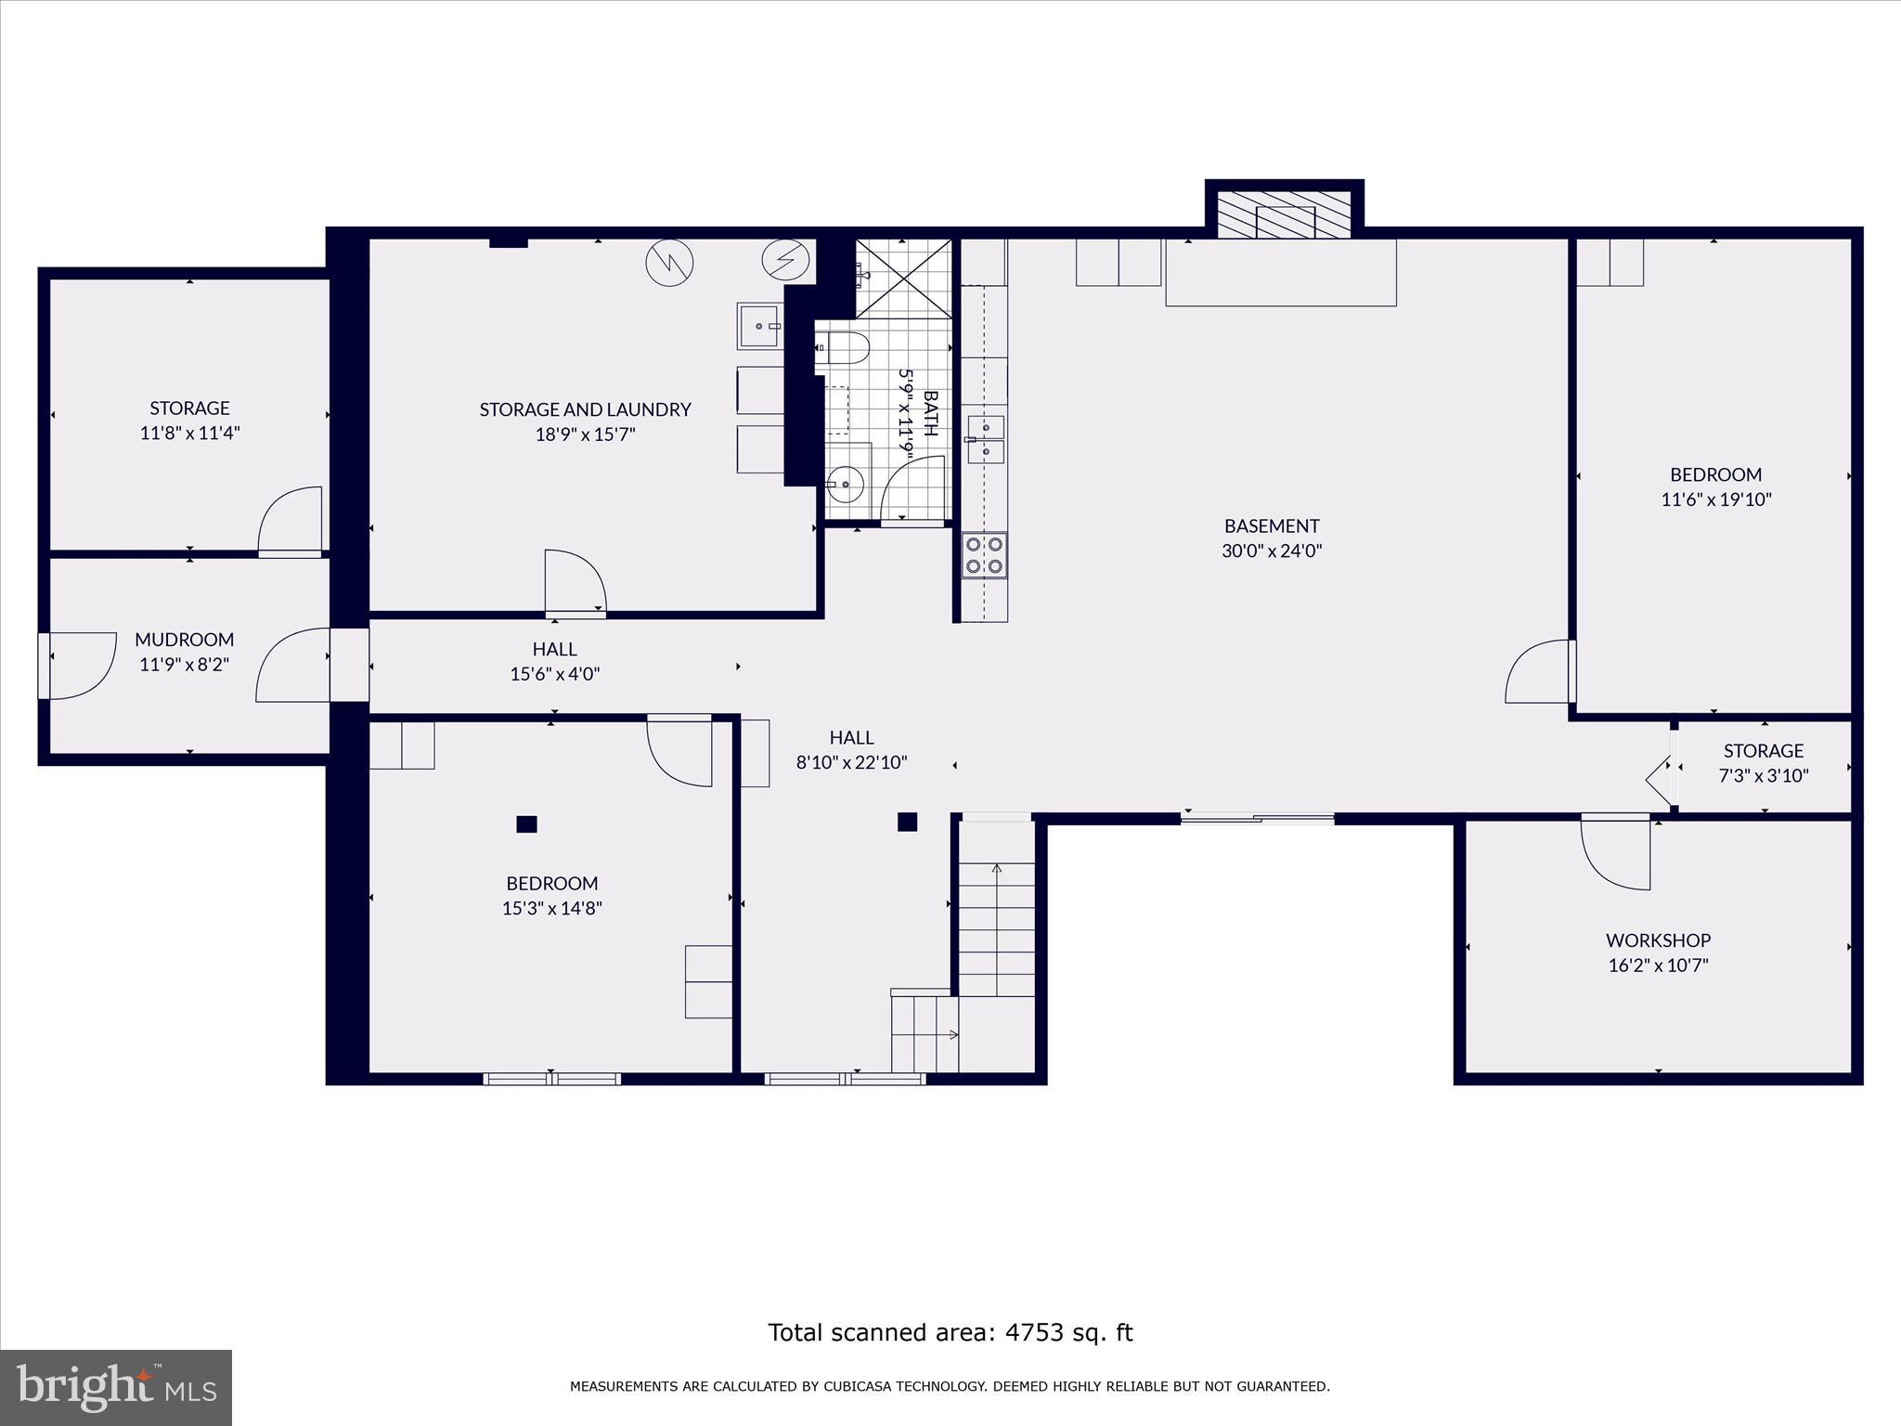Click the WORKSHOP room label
[1658, 940]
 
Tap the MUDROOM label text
[184, 639]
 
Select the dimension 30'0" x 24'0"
[1271, 551]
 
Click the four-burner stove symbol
[984, 554]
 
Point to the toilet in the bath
[845, 349]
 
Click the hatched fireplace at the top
[1284, 215]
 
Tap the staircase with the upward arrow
[996, 928]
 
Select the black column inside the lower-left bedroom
[526, 823]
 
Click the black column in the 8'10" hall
[907, 822]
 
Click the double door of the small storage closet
[1662, 768]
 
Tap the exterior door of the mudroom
[79, 665]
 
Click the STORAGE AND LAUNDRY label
[585, 408]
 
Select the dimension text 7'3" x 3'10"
[1763, 775]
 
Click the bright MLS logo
[115, 1387]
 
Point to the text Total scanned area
[950, 1332]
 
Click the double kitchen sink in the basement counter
[986, 439]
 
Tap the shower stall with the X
[903, 279]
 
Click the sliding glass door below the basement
[1257, 818]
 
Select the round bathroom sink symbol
[846, 484]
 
